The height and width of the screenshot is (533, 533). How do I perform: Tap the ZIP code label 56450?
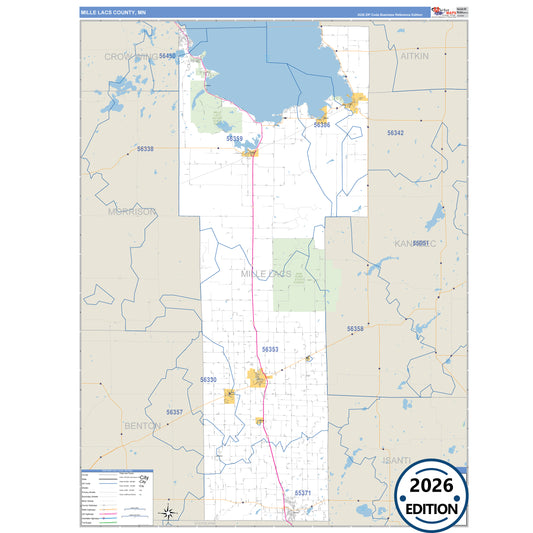point(167,56)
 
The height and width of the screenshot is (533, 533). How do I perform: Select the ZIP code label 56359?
point(235,139)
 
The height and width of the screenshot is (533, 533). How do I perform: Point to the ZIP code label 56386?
point(321,125)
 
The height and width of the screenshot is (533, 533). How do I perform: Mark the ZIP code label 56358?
point(355,328)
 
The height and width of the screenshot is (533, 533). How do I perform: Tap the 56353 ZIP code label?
point(270,349)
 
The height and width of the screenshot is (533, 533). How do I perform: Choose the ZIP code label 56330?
point(209,380)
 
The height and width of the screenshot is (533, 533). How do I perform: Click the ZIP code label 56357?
point(174,412)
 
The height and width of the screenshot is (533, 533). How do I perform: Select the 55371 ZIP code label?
point(303,493)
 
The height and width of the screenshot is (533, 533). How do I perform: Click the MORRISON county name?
point(132,212)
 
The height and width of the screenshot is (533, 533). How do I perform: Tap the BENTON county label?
point(141,426)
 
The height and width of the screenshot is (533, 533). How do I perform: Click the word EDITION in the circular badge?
point(431,508)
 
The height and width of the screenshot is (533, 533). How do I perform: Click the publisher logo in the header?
point(441,11)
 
